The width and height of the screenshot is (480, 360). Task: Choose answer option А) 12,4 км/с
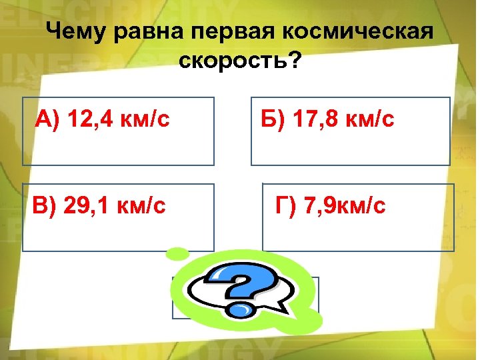[x=119, y=131]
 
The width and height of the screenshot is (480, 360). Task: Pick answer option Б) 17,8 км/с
[x=351, y=131]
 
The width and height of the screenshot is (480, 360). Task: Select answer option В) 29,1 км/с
[x=119, y=217]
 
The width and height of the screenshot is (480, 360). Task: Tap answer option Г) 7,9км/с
[x=358, y=217]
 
